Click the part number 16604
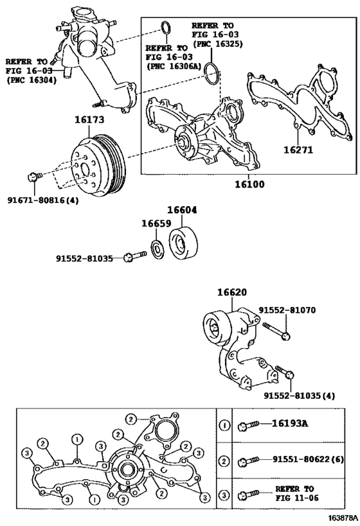point(183,209)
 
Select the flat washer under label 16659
point(156,250)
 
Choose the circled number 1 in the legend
point(224,424)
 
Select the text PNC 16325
point(217,44)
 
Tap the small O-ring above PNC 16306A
point(165,28)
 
